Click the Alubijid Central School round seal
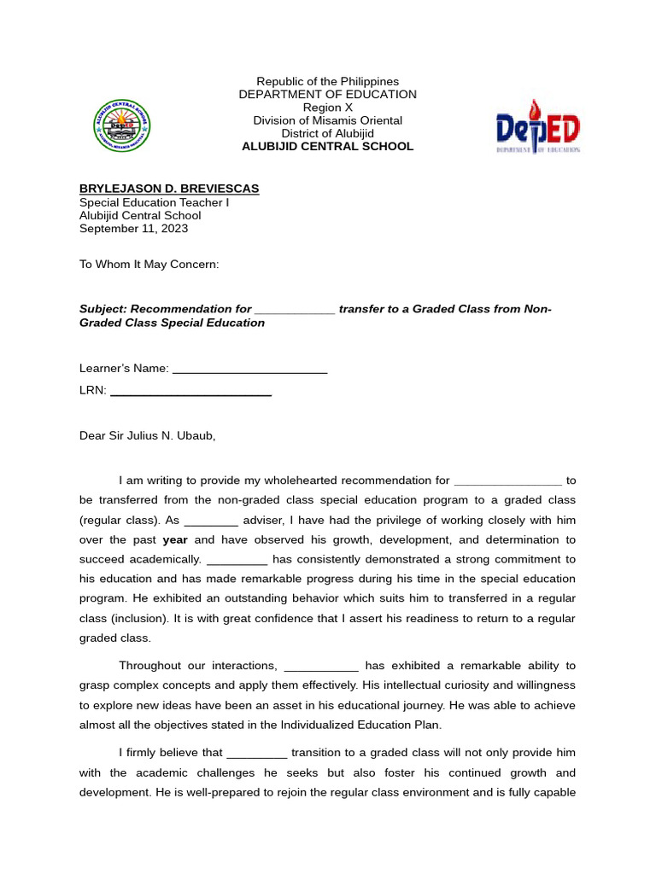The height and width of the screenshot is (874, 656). tap(121, 125)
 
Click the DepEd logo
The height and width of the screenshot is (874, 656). tap(538, 127)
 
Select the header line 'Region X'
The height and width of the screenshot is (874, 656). tap(327, 108)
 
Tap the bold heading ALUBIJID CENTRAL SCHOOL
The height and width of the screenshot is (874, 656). tap(327, 147)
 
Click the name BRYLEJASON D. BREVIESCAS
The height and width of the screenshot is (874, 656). tap(169, 189)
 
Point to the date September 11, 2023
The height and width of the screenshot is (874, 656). tap(133, 229)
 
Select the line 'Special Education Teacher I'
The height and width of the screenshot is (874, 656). tap(154, 202)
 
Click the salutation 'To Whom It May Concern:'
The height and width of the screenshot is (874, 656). tap(149, 265)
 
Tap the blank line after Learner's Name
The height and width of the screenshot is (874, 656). tap(249, 369)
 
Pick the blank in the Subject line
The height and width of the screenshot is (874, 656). tap(295, 310)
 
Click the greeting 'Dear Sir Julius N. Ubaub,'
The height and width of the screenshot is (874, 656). tap(148, 436)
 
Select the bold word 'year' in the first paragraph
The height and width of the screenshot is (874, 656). tap(175, 540)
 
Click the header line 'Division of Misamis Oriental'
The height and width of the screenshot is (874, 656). tap(327, 120)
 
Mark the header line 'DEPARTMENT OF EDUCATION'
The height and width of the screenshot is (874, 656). tap(327, 95)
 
